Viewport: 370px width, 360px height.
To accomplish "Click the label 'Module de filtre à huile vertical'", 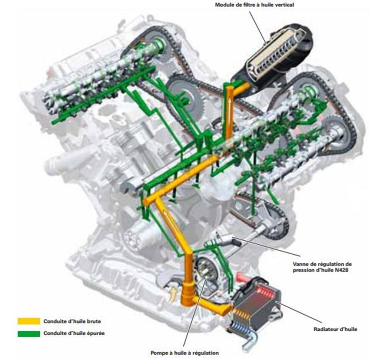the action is tap(254, 4).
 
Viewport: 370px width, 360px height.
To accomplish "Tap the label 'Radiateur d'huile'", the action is tap(335, 329).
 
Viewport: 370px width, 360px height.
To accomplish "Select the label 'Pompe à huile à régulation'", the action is tap(185, 353).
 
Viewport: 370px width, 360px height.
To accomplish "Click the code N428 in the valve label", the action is tap(341, 270).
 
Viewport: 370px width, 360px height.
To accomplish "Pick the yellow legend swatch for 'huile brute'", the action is tap(29, 321).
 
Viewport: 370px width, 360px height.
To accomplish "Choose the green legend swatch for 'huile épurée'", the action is tap(29, 333).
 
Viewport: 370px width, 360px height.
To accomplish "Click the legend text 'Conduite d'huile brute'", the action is tap(72, 321).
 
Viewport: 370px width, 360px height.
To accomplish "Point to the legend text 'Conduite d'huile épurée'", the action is tap(74, 333).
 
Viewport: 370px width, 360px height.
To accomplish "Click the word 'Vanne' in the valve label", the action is tap(301, 264).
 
